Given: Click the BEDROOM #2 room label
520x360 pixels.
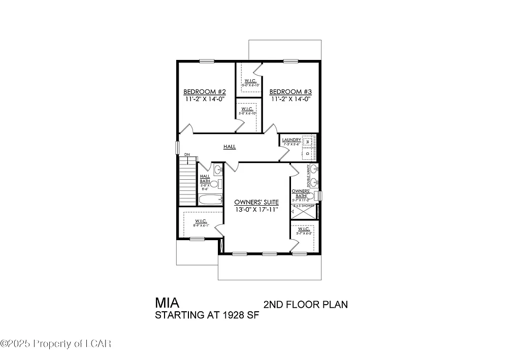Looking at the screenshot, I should [x=204, y=92].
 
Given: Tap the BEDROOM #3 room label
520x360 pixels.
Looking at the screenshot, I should [x=290, y=92].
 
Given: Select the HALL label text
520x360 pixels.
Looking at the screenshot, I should [x=230, y=147].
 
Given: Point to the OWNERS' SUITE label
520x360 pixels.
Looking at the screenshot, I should [x=256, y=202].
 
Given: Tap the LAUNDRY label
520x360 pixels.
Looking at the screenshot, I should [x=291, y=140].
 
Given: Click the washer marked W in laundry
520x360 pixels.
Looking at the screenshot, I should [x=308, y=141].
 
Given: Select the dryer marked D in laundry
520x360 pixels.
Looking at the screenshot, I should [x=308, y=152].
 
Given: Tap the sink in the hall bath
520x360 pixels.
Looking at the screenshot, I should [x=218, y=170].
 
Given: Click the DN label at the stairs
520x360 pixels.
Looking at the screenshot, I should [x=187, y=154].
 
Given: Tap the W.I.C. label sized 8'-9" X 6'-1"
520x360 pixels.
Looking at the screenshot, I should [x=199, y=222].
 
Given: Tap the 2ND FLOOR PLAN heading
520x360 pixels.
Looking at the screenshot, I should [x=306, y=305].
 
